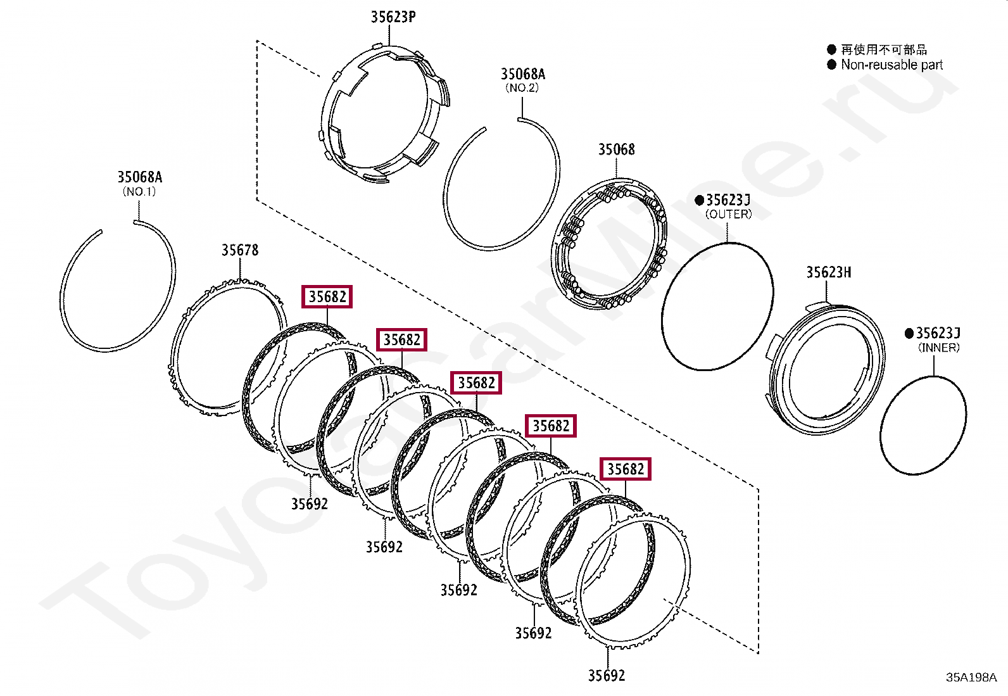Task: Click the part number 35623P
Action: tap(393, 16)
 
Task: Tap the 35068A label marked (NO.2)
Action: tap(522, 73)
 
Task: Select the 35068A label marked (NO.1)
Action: tap(139, 177)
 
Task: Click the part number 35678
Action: tap(240, 250)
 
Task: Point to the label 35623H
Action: tap(828, 272)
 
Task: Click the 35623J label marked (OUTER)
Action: tap(728, 200)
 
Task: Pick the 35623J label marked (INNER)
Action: tap(938, 333)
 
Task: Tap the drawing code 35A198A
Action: tap(971, 678)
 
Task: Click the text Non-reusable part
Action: tap(891, 65)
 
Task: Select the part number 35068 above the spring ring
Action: tap(616, 149)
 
